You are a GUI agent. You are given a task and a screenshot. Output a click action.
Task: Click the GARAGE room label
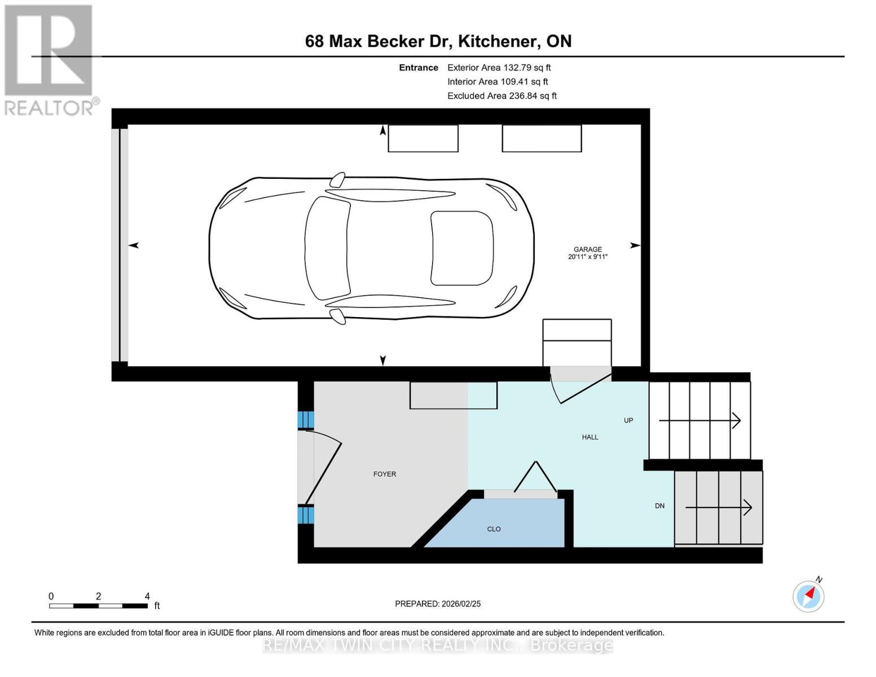[587, 249]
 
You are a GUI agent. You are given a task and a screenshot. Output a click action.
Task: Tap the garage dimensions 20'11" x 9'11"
[587, 257]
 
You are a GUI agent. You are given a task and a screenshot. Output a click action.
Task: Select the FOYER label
[384, 474]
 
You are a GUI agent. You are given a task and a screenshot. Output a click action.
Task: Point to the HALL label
[589, 437]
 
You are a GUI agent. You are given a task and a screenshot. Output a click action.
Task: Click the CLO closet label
[494, 529]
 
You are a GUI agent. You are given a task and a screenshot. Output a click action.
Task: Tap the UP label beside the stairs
[628, 420]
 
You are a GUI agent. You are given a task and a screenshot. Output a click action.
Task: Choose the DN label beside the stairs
[659, 505]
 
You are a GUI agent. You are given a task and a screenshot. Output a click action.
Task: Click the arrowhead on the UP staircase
[736, 420]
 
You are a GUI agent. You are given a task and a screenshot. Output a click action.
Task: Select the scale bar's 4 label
[147, 596]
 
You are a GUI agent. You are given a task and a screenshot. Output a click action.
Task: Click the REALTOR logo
[50, 59]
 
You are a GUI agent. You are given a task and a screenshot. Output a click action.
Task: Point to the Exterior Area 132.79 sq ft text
[499, 68]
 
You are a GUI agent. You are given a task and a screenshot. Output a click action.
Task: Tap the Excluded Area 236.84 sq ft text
[501, 96]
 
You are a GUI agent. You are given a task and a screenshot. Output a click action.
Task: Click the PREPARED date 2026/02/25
[437, 604]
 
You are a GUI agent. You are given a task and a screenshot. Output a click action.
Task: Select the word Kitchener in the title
[496, 41]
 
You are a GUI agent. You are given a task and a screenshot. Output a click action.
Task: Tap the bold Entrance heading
[418, 68]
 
